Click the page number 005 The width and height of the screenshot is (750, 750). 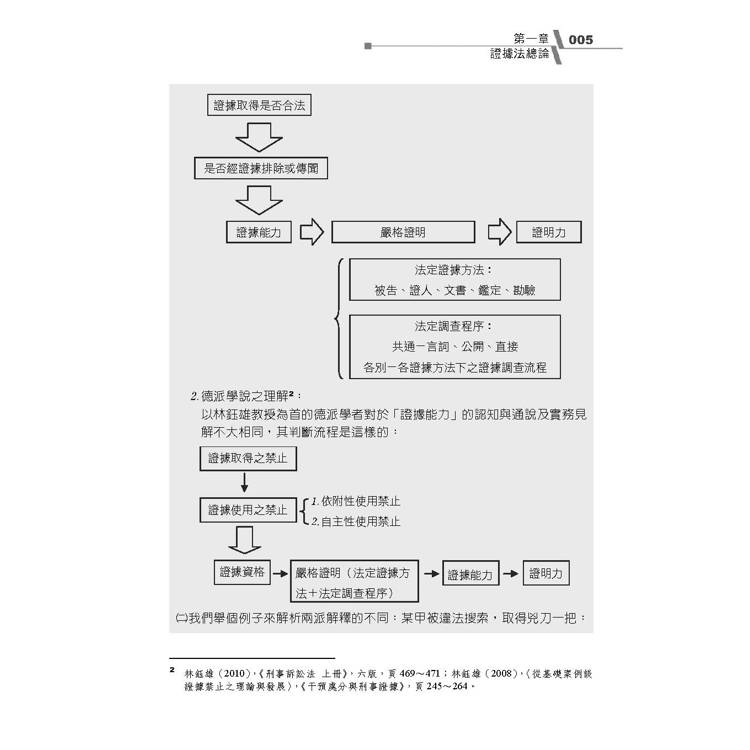coord(581,40)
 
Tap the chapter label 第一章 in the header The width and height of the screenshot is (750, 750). coord(530,38)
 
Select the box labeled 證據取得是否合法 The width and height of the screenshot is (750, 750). coord(259,105)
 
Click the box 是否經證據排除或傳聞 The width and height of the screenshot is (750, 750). coord(261,168)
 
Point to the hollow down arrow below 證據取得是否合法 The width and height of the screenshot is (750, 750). coord(259,137)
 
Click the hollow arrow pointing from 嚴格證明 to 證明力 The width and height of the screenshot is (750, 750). coord(499,232)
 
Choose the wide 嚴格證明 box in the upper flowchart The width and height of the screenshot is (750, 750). coord(403,232)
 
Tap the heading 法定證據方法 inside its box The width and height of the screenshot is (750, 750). coord(452,270)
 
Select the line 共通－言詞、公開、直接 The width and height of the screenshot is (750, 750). coord(455,346)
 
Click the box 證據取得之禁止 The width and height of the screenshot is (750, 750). coord(248,459)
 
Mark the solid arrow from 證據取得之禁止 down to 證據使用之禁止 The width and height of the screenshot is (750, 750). coord(244,482)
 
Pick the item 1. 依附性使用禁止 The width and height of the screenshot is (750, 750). coord(355,501)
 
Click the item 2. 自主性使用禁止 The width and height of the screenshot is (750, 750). coord(355,521)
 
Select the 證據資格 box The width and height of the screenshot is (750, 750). coord(242,572)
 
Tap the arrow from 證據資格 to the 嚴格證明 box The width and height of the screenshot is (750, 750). coord(280,574)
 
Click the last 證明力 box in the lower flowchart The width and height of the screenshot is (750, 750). coord(546,573)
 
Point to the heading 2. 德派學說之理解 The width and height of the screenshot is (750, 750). coord(246,396)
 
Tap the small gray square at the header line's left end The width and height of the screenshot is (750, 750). coord(368,46)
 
